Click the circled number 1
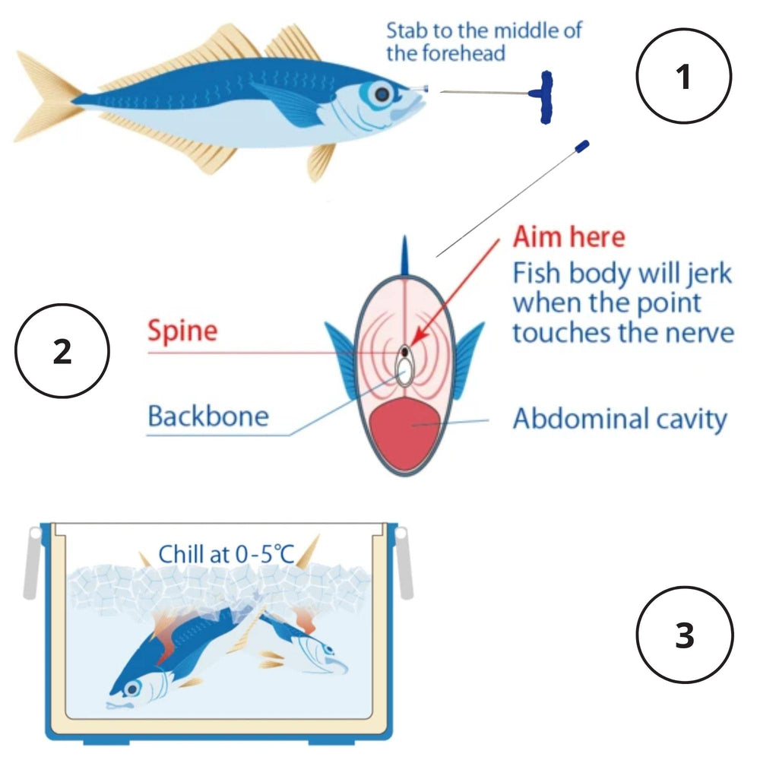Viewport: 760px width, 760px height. point(683,77)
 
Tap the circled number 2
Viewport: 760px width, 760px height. point(62,352)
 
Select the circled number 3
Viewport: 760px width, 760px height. point(684,635)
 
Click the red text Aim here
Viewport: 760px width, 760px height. point(568,237)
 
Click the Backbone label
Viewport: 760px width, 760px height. point(207,416)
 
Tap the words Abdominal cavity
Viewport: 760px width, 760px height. point(619,419)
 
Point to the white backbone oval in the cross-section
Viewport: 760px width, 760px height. point(404,370)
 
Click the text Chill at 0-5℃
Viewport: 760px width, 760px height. point(226,554)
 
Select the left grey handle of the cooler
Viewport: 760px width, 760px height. point(31,562)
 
